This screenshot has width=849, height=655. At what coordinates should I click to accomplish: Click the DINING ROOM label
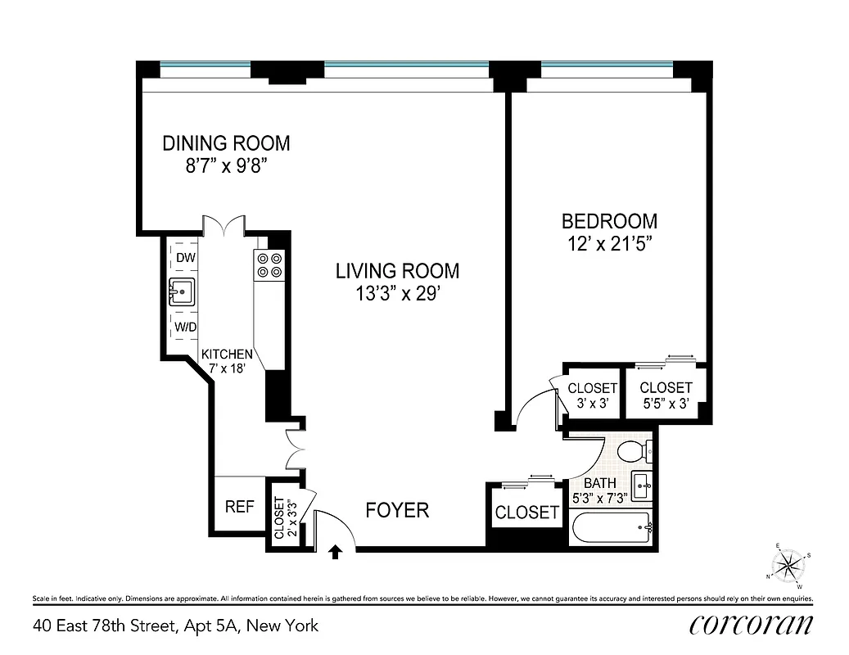coord(226,143)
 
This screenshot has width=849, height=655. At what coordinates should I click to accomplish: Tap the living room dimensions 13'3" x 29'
coord(397,294)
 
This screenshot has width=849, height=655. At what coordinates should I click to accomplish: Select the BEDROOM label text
coord(608,221)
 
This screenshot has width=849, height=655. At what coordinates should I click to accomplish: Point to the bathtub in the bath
coord(611,526)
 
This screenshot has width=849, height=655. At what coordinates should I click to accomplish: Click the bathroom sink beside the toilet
coord(642,485)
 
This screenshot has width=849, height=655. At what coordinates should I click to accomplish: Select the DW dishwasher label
coord(186,258)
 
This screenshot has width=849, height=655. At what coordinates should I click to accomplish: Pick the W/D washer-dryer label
coord(185,327)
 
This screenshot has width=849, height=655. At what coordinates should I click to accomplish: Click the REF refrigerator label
coord(239,507)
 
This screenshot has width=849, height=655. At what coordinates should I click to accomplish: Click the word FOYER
coord(397,511)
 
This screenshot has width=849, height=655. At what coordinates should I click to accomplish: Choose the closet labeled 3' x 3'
coord(592,395)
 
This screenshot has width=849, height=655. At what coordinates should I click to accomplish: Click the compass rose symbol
coord(789,563)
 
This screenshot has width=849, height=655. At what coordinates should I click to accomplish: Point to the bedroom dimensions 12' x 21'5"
coord(608,243)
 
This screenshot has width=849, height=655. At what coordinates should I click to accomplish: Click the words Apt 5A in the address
coord(215,626)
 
